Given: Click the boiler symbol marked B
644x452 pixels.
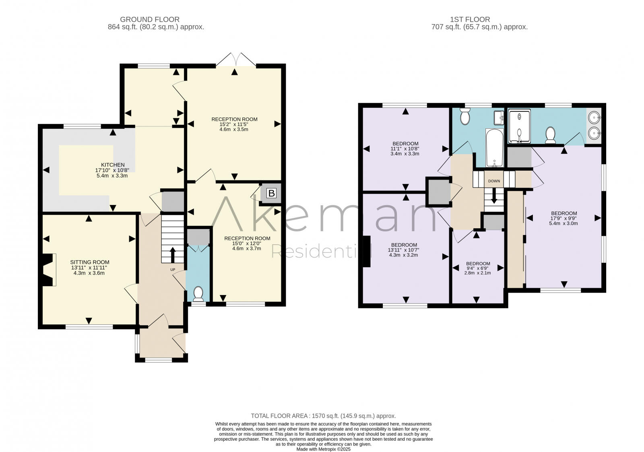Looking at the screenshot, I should (271, 193).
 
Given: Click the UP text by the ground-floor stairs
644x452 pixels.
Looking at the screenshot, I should (173, 269).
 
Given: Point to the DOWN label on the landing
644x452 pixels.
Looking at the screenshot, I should (494, 181).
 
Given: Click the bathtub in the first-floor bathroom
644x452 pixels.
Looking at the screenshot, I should (494, 148).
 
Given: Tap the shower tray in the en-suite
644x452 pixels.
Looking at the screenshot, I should (520, 126).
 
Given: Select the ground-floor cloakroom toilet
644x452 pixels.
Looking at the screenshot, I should (198, 293).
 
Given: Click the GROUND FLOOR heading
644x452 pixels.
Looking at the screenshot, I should (150, 19).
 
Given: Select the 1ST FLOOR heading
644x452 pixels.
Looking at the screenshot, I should (470, 19).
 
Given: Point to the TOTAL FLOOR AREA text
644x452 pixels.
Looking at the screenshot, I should (323, 416).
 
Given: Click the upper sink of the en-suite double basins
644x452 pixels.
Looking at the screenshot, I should (593, 118).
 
